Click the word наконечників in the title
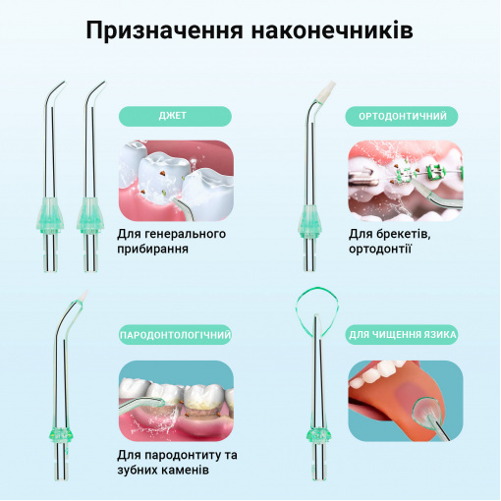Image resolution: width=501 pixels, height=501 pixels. point(332,30)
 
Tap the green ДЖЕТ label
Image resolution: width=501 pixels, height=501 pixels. point(175,116)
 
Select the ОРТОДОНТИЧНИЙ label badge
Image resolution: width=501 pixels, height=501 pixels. point(402,116)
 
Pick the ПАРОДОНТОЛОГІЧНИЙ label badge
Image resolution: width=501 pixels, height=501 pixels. point(175,335)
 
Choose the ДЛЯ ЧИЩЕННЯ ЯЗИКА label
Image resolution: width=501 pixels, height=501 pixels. point(402,335)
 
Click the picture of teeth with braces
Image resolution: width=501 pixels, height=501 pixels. point(406,181)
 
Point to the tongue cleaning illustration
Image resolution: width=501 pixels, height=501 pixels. point(406,401)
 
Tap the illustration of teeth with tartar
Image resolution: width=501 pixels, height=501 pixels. point(176,401)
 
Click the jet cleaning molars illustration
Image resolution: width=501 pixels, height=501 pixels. point(176,181)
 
